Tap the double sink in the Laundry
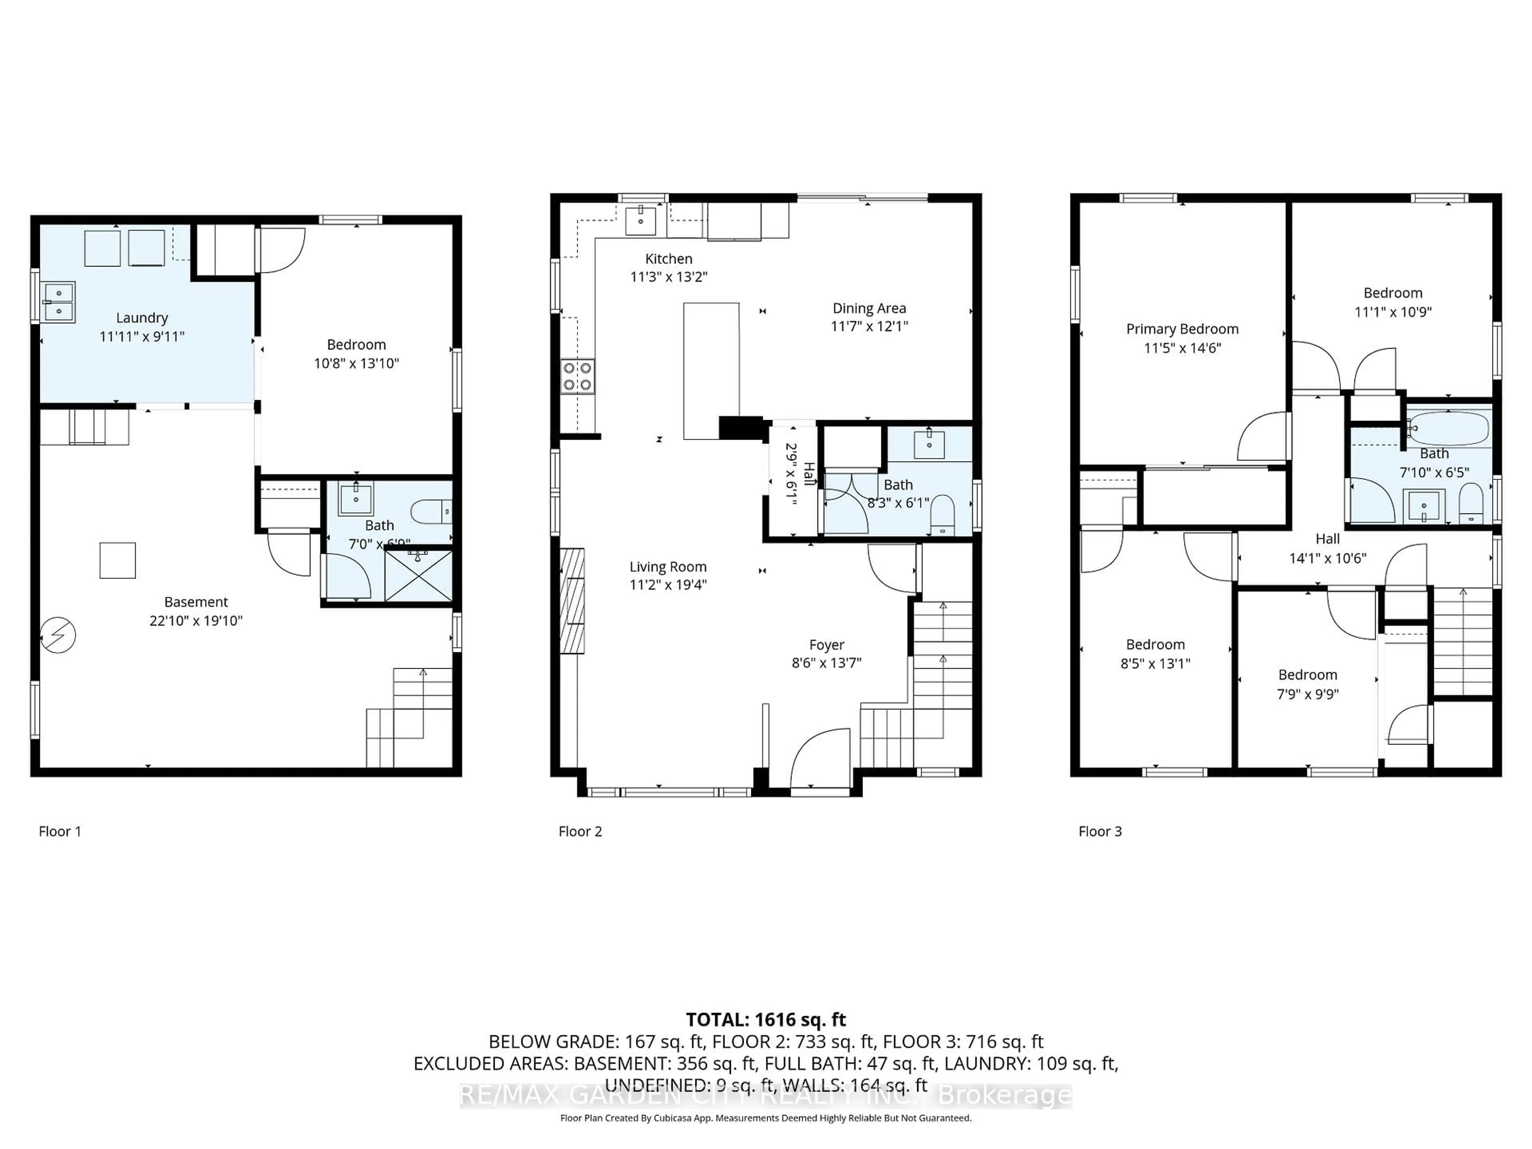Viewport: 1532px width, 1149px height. click(x=59, y=303)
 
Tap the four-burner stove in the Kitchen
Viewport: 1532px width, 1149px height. click(x=578, y=376)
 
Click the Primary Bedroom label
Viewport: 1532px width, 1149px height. click(x=1182, y=329)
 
